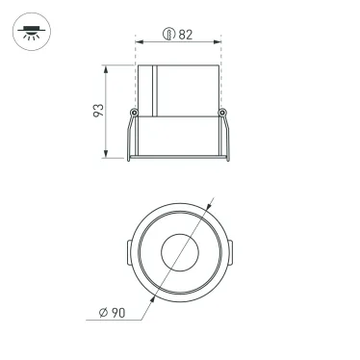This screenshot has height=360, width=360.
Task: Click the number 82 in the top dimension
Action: point(185,35)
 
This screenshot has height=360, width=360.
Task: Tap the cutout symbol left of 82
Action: point(168,35)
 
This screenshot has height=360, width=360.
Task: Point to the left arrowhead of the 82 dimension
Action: point(138,43)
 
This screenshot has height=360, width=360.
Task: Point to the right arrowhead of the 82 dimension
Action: point(219,43)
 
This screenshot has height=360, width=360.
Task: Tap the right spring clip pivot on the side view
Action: point(223,114)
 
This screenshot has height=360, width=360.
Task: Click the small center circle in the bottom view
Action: point(179,255)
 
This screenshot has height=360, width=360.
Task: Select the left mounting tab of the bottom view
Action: point(125,256)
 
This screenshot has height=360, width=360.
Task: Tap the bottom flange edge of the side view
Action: point(179,157)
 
